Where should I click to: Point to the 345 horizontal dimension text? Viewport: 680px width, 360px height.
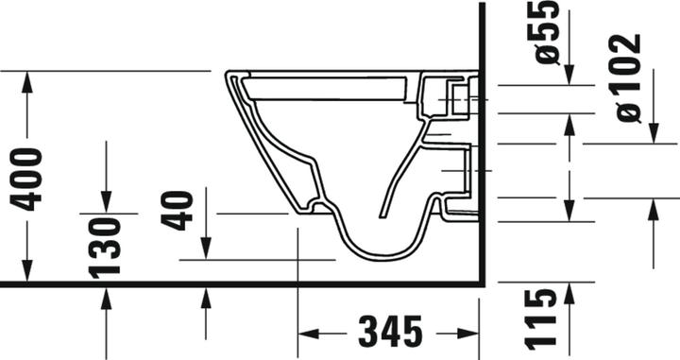pos(390,333)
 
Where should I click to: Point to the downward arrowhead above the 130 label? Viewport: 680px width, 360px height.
pos(106,202)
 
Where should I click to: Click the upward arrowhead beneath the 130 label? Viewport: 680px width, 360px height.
pos(106,297)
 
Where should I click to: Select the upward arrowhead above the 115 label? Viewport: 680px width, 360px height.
pos(569,293)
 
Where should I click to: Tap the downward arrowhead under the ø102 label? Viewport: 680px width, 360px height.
pos(652,134)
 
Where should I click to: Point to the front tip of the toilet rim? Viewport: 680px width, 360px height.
pos(227,74)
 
